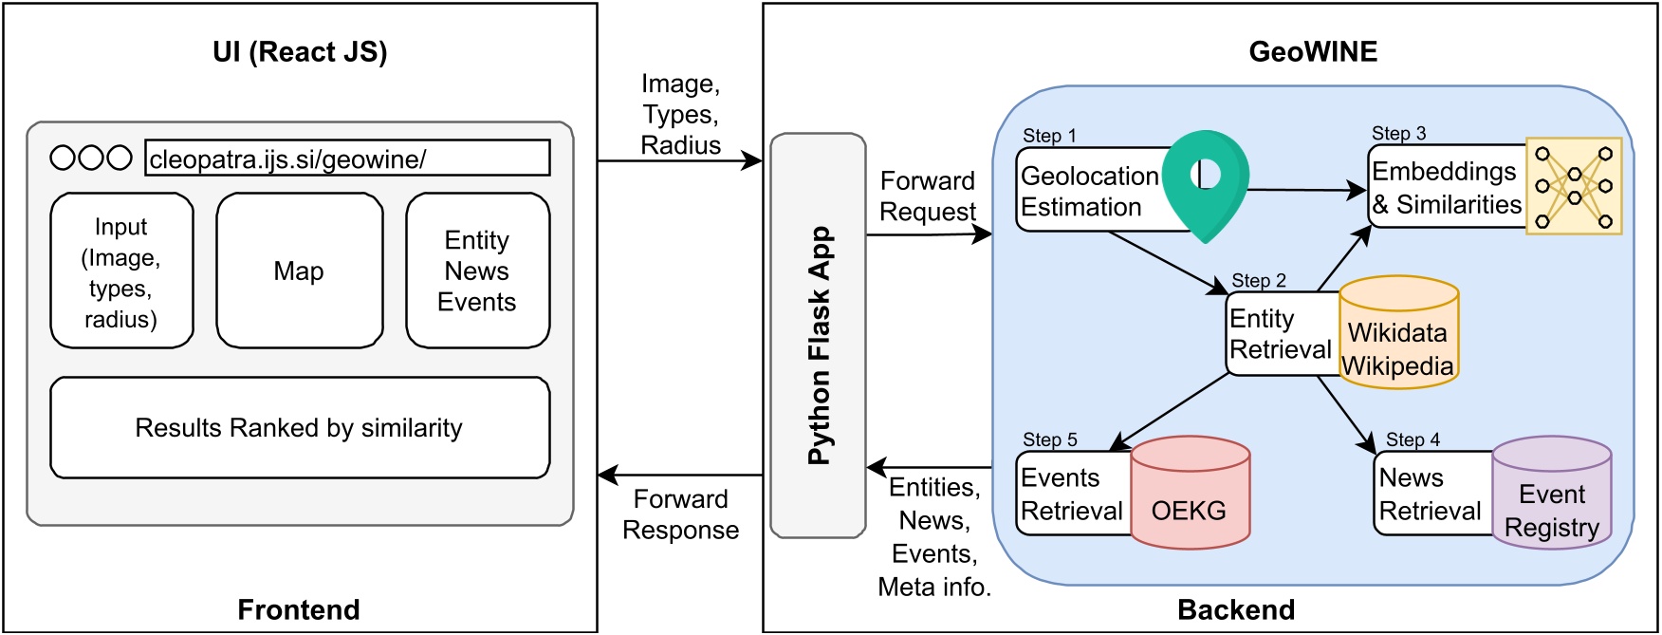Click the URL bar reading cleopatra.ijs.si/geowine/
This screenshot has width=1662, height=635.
(347, 159)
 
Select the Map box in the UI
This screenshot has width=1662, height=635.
(300, 271)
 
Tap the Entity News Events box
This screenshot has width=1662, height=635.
(477, 271)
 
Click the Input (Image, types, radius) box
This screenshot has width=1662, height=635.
(121, 271)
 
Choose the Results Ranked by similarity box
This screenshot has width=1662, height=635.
(300, 428)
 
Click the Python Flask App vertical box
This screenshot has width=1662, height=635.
(818, 335)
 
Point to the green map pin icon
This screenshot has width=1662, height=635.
(1205, 180)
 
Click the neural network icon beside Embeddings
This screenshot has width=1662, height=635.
(1574, 186)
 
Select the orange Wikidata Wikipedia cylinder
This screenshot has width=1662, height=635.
(1398, 334)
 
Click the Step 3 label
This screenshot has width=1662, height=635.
(1398, 134)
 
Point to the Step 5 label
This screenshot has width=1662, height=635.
(1049, 439)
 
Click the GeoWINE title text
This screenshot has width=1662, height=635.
(1313, 52)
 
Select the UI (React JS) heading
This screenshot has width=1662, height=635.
(300, 52)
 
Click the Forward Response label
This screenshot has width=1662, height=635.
(680, 514)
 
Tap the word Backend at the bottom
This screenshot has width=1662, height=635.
(1235, 610)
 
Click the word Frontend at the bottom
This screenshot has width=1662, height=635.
(298, 610)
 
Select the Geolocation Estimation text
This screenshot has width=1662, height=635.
(1088, 192)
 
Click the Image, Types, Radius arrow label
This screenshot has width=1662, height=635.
(680, 115)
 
